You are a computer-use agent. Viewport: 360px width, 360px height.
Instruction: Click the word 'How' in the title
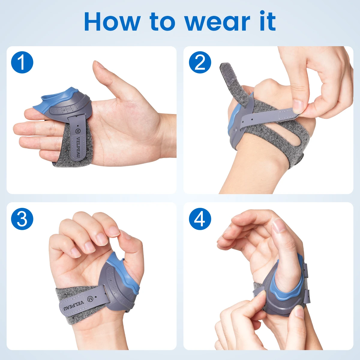(112, 22)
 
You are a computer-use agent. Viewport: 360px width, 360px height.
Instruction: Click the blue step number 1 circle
(22, 62)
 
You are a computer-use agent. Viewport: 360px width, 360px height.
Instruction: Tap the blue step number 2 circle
(200, 62)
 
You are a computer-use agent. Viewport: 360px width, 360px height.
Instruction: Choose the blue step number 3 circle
(22, 219)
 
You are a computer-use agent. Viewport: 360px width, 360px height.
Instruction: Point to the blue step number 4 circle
(200, 219)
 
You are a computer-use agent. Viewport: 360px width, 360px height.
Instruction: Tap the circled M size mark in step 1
(77, 131)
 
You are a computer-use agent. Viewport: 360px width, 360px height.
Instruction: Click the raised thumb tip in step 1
(98, 64)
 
